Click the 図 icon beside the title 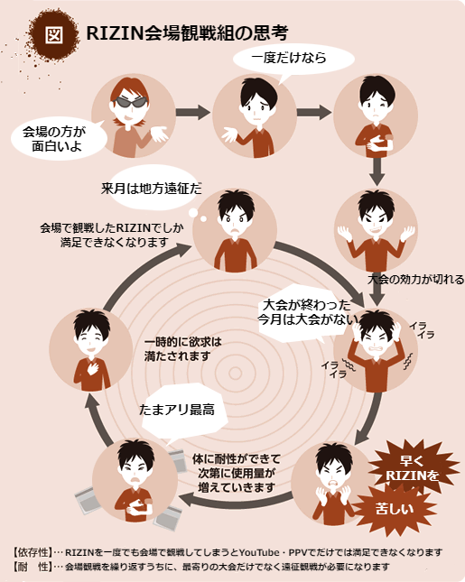54,34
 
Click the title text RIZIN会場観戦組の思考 187,33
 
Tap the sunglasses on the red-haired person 130,102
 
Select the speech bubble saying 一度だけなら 293,60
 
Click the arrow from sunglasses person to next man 192,112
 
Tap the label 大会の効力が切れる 415,279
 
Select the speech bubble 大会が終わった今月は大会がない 304,313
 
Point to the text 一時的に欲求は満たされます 182,349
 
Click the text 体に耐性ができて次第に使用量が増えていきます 237,473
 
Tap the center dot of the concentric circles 235,374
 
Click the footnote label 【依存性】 32,552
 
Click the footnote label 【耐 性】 32,567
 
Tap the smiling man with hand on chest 91,349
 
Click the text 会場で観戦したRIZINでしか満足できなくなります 111,235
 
